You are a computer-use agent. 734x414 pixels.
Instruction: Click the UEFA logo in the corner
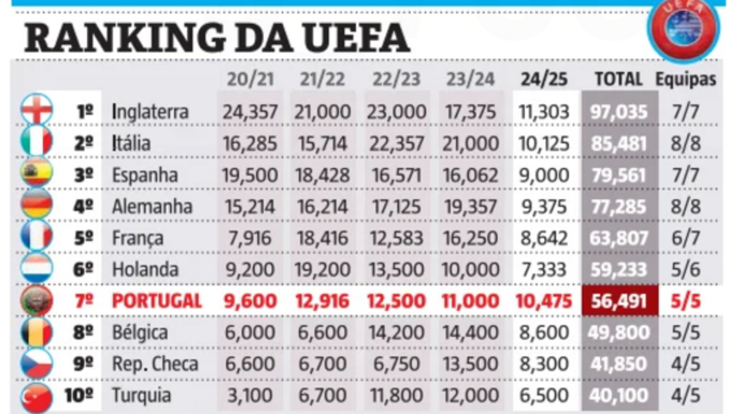(x=683, y=28)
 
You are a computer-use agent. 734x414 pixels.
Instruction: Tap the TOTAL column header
(x=618, y=79)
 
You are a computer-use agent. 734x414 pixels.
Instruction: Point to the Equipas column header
(x=686, y=79)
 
